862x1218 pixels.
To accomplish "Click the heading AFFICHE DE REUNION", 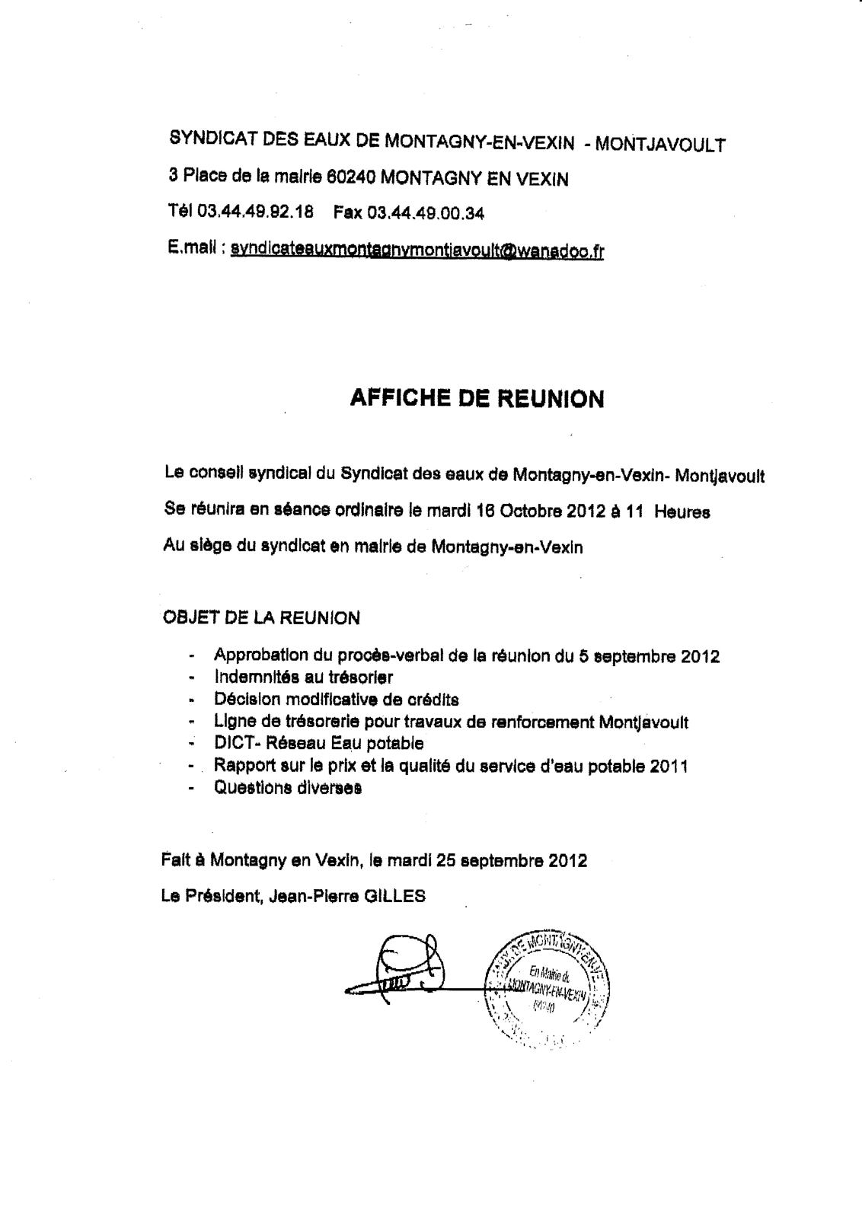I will pyautogui.click(x=477, y=399).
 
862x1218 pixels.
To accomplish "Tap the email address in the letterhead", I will pyautogui.click(x=417, y=250).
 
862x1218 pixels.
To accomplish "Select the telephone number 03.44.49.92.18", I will pyautogui.click(x=255, y=212).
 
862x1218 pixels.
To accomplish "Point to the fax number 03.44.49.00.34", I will pyautogui.click(x=425, y=212).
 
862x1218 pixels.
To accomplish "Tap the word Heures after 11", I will pyautogui.click(x=682, y=512).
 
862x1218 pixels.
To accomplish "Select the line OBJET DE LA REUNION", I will pyautogui.click(x=261, y=617).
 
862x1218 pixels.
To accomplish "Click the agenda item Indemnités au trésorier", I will pyautogui.click(x=303, y=676).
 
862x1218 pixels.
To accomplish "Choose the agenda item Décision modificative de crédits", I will pyautogui.click(x=336, y=698).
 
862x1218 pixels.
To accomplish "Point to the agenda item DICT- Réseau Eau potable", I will pyautogui.click(x=318, y=742).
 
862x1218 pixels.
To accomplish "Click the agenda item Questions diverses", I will pyautogui.click(x=287, y=787).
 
